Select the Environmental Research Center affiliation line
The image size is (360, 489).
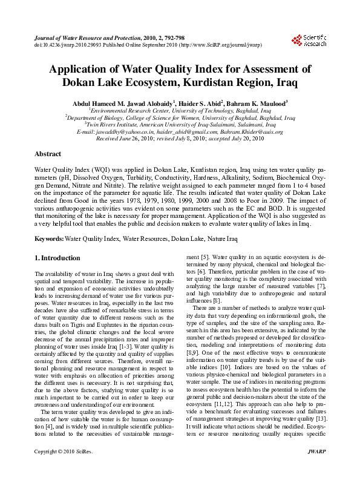tap(180, 111)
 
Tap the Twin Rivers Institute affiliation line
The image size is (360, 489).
tap(180, 125)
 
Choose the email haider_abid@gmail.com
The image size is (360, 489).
tap(188, 131)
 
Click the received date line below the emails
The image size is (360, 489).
tap(180, 138)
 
